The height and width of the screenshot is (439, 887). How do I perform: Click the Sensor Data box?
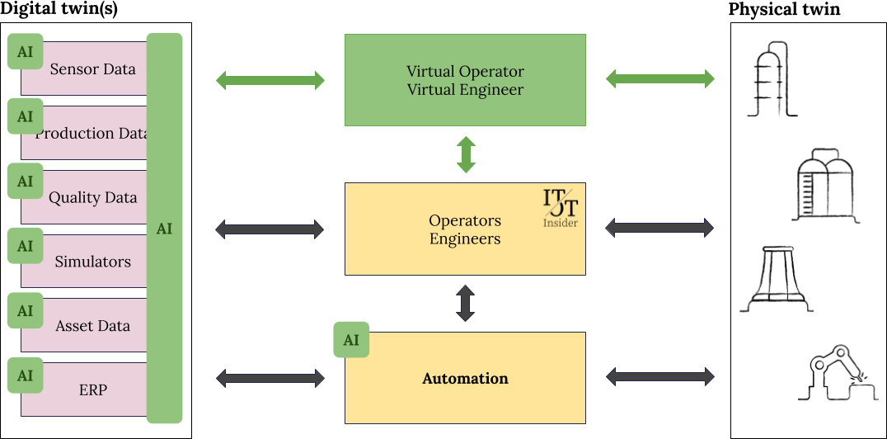click(x=92, y=69)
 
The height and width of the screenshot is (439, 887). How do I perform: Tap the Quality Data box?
click(x=92, y=198)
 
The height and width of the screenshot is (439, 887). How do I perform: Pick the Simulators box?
click(x=92, y=262)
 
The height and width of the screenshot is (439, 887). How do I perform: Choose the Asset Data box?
click(x=92, y=326)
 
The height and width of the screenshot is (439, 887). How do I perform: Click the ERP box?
click(x=92, y=389)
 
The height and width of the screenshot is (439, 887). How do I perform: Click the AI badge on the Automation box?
click(x=351, y=340)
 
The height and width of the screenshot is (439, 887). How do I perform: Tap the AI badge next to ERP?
click(x=25, y=375)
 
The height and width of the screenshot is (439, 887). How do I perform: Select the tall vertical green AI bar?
click(x=164, y=229)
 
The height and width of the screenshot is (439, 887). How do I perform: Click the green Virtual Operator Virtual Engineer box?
click(x=465, y=80)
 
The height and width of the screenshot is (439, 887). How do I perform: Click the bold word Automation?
click(x=465, y=379)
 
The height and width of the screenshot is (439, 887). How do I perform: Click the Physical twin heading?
click(x=784, y=9)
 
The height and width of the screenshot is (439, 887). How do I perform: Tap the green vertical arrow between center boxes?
click(x=466, y=155)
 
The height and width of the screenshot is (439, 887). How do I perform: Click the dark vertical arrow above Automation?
click(x=466, y=303)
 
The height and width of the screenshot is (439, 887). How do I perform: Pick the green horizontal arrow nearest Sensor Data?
click(x=270, y=80)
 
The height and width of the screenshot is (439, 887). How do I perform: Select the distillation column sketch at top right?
click(x=772, y=80)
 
